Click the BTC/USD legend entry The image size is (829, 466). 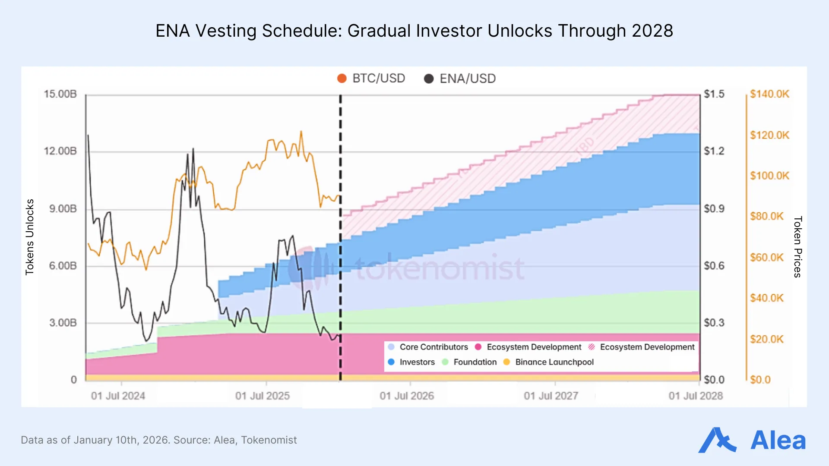[372, 79]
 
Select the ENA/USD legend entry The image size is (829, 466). [460, 79]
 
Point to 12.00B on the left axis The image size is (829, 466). [60, 151]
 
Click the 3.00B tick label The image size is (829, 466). [63, 323]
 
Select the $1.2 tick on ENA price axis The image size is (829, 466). [714, 151]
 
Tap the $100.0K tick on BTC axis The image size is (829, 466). [769, 176]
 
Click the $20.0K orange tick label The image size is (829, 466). [766, 339]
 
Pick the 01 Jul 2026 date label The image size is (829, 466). [407, 396]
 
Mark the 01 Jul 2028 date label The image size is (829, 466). [696, 396]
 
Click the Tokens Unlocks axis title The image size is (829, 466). [29, 237]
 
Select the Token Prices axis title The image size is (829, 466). [797, 247]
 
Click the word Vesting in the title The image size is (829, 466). [226, 31]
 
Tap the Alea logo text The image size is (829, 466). [778, 441]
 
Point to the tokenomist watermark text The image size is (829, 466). [439, 268]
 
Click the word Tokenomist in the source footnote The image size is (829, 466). [269, 440]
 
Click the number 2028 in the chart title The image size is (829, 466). [652, 31]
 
